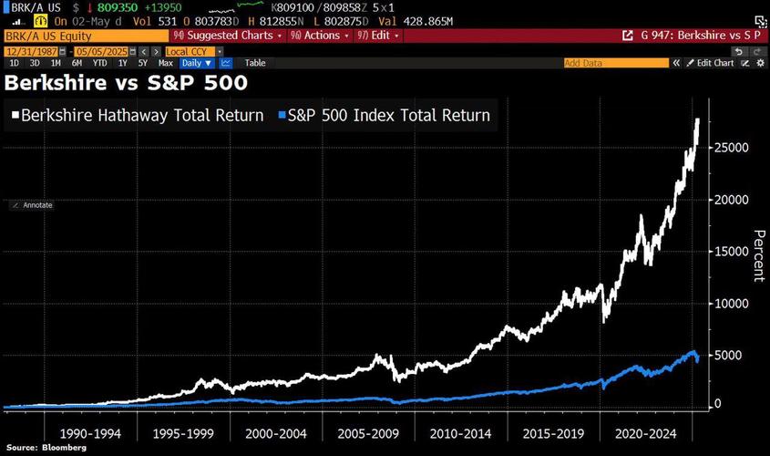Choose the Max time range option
(166, 63)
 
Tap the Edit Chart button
(714, 63)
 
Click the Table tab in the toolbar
(255, 63)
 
